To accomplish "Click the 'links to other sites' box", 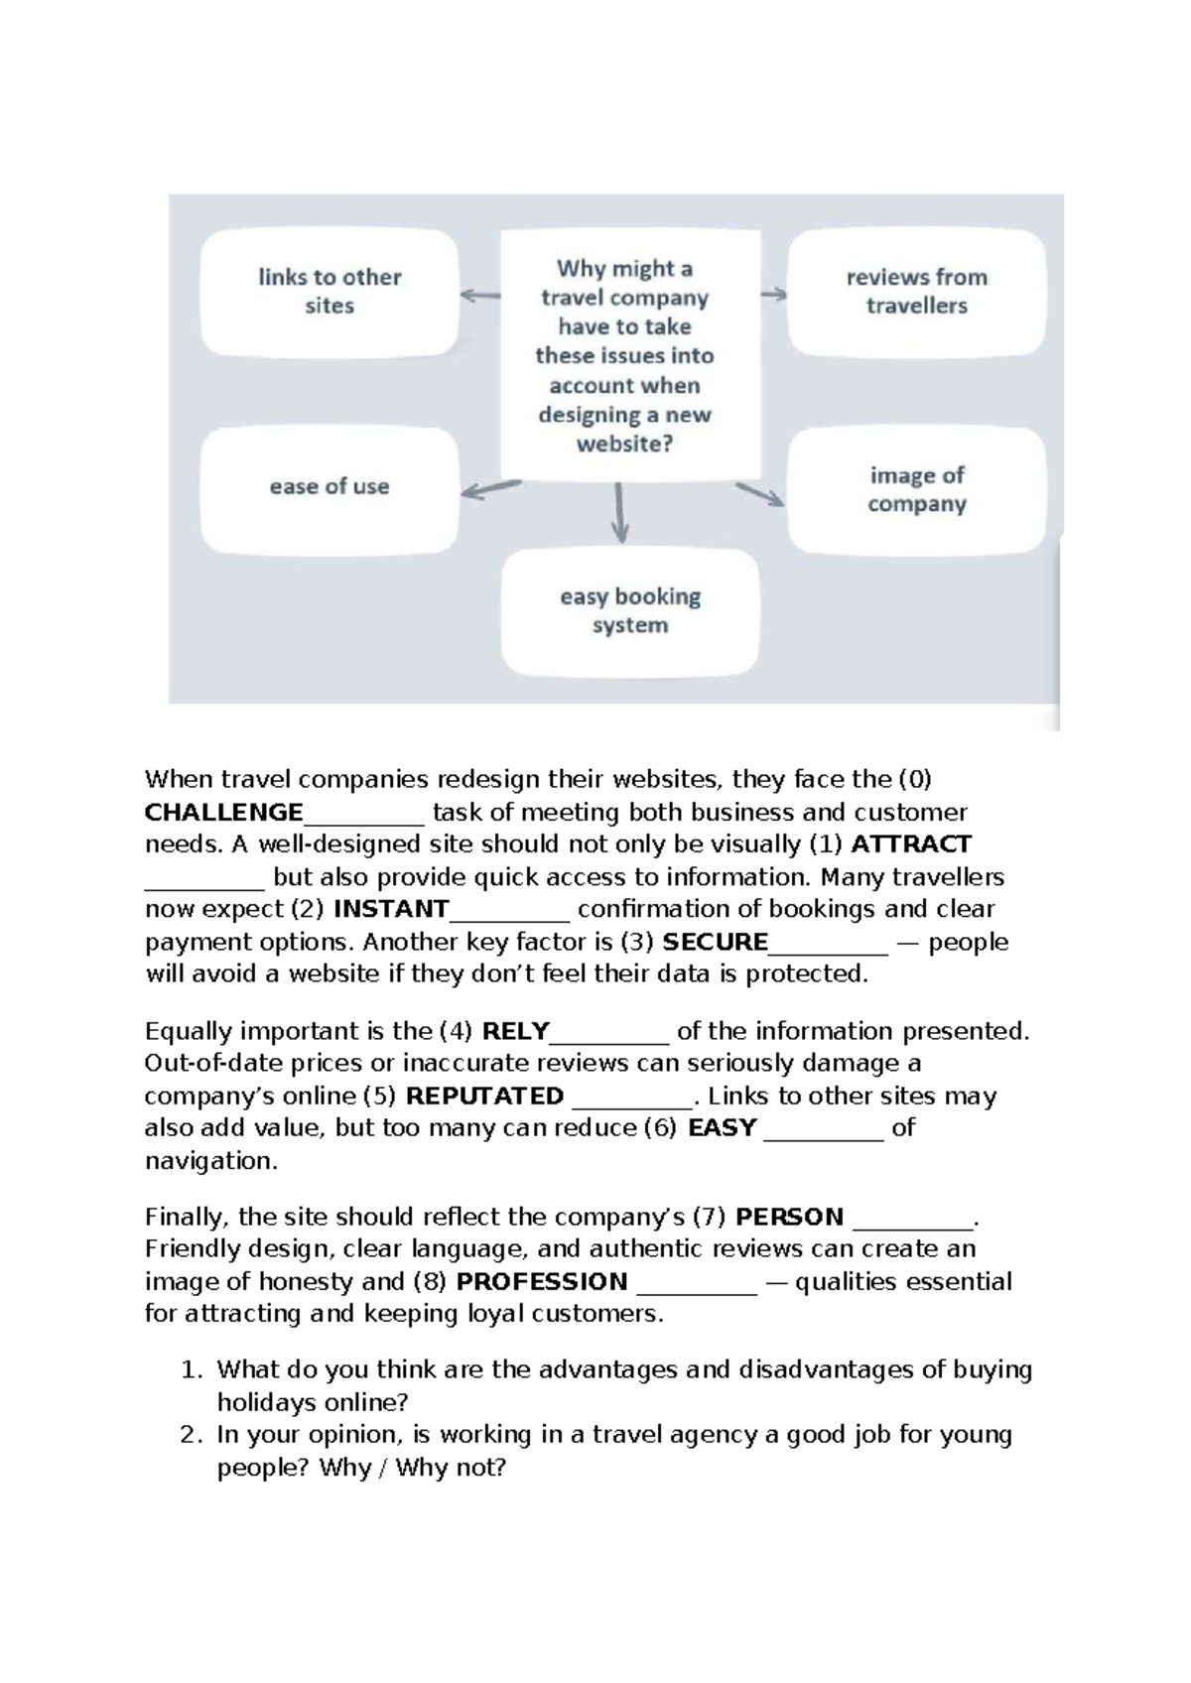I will click(330, 292).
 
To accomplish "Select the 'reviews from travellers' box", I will click(916, 292).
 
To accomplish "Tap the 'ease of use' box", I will click(330, 487).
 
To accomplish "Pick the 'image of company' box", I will click(916, 490).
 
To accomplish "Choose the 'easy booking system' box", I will click(630, 611).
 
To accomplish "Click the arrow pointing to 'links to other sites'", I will click(480, 295).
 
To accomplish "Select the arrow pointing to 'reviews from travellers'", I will click(774, 294).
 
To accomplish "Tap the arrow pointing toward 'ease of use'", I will click(491, 489).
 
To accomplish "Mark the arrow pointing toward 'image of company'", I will click(760, 494).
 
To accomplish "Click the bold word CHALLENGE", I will click(223, 813).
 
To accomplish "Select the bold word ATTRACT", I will click(911, 844).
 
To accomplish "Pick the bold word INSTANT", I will click(391, 909).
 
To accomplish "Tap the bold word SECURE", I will click(715, 942).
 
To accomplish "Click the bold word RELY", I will click(515, 1031).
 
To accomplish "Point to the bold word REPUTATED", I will click(484, 1097).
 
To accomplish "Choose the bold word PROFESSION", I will click(541, 1282).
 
